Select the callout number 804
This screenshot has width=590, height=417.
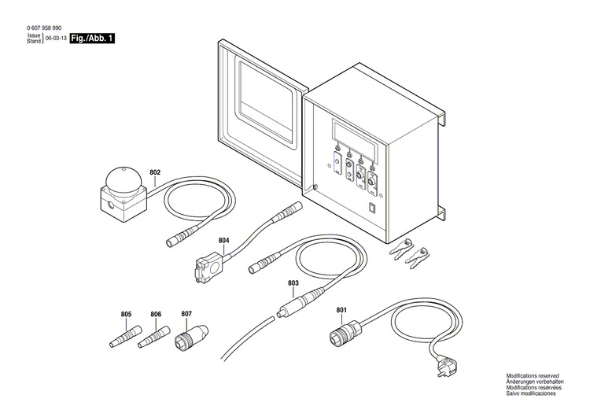[x=224, y=241]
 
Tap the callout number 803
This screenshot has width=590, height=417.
[x=293, y=282]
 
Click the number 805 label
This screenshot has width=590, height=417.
[x=127, y=315]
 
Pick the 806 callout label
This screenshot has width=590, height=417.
[x=156, y=315]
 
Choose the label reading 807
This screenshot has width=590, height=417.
[x=186, y=315]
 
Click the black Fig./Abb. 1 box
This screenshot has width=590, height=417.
[x=92, y=39]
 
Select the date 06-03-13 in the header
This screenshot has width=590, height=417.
[x=55, y=39]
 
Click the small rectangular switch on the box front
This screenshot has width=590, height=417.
[x=374, y=208]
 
